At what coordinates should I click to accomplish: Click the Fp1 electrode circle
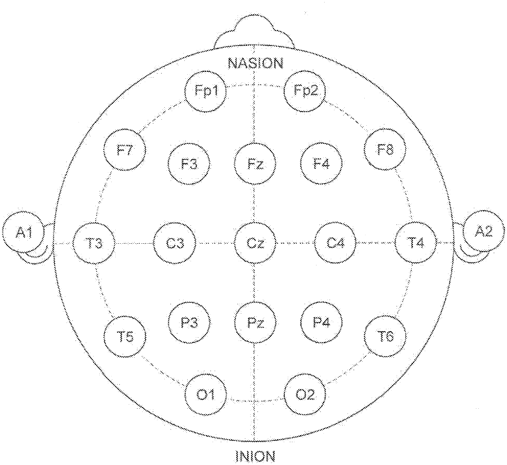[x=205, y=91]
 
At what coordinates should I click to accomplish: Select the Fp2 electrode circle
[x=305, y=91]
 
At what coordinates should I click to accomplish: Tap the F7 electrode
[x=125, y=151]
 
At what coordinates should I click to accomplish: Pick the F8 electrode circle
[x=385, y=150]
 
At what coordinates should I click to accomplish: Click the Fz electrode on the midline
[x=255, y=164]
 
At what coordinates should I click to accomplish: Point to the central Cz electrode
[x=255, y=243]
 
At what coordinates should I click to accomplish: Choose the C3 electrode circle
[x=175, y=243]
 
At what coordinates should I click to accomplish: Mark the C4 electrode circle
[x=335, y=243]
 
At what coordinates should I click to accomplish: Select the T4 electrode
[x=415, y=243]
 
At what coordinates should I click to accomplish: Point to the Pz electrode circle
[x=255, y=323]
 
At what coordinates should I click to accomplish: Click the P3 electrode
[x=189, y=323]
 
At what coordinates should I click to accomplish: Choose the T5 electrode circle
[x=126, y=337]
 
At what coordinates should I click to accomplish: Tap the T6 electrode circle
[x=385, y=336]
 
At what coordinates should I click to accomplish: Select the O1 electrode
[x=206, y=395]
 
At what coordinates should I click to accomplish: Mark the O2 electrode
[x=305, y=395]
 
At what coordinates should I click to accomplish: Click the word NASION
[x=255, y=63]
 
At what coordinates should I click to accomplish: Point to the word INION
[x=255, y=456]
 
